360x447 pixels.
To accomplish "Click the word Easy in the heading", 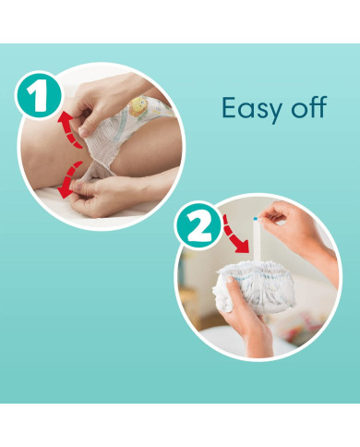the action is click(x=252, y=108).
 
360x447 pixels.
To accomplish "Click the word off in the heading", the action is click(x=308, y=107).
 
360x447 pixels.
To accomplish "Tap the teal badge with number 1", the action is click(x=38, y=95).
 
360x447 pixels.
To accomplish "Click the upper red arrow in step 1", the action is click(x=69, y=129).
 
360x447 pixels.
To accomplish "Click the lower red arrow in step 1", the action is click(x=69, y=180).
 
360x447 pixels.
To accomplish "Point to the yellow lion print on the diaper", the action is click(x=138, y=106).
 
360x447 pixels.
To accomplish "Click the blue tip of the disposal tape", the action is click(x=255, y=219).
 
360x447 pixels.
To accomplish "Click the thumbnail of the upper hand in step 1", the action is click(x=83, y=132).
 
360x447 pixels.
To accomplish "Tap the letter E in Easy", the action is click(x=229, y=107).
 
